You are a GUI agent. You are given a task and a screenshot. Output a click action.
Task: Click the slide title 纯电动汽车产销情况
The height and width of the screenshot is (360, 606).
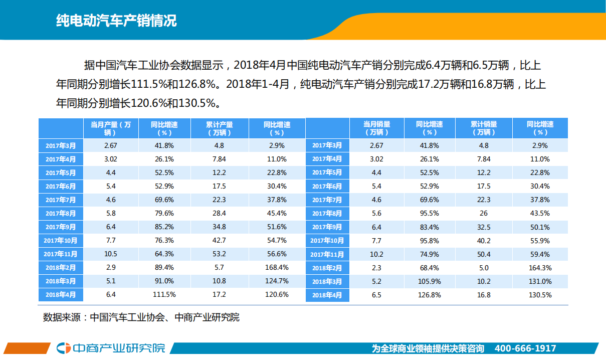(x=116, y=22)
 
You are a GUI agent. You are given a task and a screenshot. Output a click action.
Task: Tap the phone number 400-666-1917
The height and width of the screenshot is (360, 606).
(x=525, y=348)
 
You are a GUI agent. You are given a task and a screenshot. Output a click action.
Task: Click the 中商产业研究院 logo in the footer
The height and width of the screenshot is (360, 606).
(x=111, y=348)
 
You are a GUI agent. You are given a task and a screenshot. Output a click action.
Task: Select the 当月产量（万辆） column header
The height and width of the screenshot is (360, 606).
(x=110, y=128)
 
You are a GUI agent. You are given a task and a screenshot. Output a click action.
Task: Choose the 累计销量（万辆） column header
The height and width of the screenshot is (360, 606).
(x=484, y=128)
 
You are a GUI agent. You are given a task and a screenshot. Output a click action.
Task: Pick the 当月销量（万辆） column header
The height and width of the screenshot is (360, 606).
(x=376, y=128)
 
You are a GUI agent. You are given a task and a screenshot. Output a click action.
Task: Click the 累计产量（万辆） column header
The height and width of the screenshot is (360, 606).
(x=219, y=128)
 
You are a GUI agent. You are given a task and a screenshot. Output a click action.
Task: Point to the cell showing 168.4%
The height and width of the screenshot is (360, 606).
(x=277, y=267)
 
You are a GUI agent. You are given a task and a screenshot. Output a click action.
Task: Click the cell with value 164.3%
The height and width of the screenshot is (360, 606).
(x=540, y=268)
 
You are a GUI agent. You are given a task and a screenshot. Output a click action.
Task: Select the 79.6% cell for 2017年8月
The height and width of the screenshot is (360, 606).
(x=162, y=213)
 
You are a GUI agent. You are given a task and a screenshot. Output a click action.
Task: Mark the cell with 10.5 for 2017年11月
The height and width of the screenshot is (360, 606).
(x=110, y=254)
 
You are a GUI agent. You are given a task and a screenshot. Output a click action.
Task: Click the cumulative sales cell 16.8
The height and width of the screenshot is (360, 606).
(x=484, y=295)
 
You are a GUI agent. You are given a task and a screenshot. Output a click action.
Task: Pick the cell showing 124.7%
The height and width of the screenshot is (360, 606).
(x=277, y=281)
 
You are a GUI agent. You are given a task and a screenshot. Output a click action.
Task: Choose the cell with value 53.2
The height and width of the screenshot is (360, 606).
(x=219, y=254)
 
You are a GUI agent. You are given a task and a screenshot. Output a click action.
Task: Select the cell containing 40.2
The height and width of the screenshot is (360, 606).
(x=484, y=241)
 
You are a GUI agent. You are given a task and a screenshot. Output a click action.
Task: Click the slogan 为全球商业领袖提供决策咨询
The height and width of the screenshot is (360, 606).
(x=428, y=348)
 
